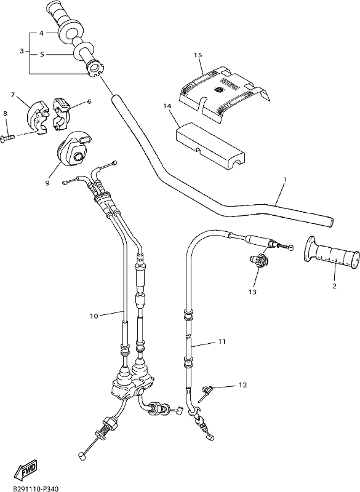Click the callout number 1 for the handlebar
pos(285,180)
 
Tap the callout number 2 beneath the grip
pos(334,286)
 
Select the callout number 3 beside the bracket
pos(22,51)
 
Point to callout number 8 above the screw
pos(6,113)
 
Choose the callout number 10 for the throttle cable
pos(94,316)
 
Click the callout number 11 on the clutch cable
pos(222,341)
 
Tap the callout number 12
pos(242,385)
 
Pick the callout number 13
pos(253,292)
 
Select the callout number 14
pos(167,106)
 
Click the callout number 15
pos(198,55)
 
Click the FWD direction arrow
pos(25,470)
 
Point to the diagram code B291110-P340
pos(36,488)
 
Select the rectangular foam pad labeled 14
pos(210,145)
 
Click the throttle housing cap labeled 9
pos(73,148)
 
